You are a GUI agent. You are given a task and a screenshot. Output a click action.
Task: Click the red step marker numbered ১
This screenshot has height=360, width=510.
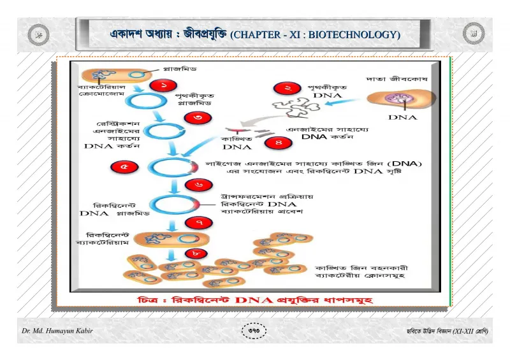(163, 85)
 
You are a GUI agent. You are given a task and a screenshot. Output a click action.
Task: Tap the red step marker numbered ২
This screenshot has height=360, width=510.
(288, 88)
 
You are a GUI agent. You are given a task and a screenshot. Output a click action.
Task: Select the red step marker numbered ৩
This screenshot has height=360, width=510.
(198, 117)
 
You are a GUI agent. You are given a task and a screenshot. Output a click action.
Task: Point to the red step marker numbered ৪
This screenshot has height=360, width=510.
(279, 143)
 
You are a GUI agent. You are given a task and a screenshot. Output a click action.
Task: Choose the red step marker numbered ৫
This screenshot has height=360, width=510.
(124, 167)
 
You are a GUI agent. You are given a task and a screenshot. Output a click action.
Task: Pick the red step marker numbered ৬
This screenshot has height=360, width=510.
(199, 185)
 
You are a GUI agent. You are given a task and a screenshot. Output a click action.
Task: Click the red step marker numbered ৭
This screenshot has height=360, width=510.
(199, 223)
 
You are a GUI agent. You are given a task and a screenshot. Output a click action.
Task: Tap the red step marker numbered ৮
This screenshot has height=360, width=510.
(196, 254)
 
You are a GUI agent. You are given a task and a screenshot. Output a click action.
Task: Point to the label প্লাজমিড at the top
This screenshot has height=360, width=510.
(180, 69)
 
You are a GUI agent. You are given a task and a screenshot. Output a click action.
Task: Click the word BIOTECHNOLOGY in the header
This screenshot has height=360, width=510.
(354, 34)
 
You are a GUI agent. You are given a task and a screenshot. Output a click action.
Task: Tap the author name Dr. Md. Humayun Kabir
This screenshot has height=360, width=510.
(57, 331)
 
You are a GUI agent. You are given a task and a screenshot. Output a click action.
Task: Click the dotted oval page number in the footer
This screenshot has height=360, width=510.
(254, 331)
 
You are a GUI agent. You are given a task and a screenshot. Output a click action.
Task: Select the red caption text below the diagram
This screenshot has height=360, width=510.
(256, 299)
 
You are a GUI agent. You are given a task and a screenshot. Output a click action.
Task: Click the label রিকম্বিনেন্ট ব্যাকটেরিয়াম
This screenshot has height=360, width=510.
(103, 239)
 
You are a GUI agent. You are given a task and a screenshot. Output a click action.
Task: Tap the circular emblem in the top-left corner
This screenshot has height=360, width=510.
(38, 34)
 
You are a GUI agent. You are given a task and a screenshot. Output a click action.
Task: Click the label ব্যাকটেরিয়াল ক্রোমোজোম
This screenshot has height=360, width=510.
(101, 90)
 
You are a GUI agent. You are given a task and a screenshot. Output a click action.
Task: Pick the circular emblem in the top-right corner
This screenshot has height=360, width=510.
(474, 33)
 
